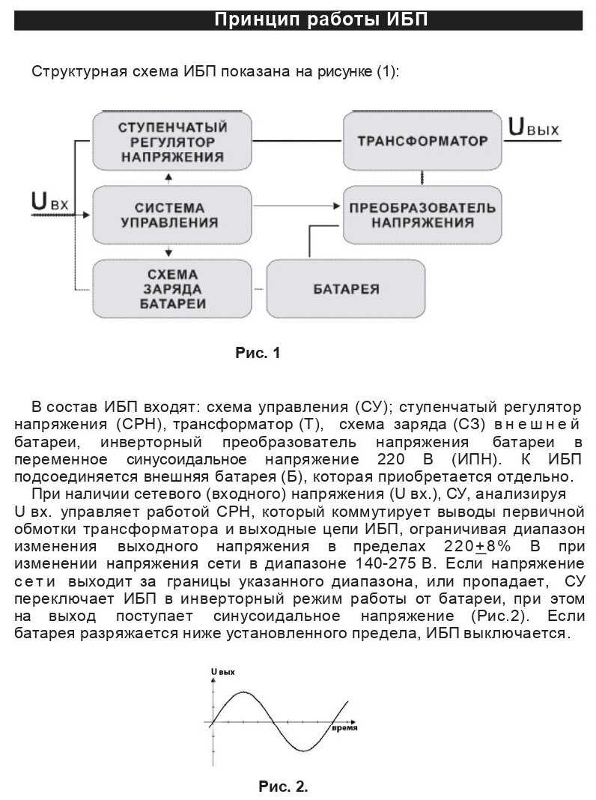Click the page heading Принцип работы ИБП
pos(321,19)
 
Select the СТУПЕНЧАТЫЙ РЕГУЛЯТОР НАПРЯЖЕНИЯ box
pos(172,140)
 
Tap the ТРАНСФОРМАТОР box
pos(422,141)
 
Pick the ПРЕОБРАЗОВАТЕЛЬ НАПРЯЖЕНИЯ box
pos(422,214)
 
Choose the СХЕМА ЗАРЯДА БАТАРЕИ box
pos(172,288)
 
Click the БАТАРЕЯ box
pos(345,288)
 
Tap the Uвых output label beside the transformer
pos(533,127)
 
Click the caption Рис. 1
pos(258,353)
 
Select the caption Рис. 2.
pos(283,787)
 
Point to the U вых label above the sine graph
pos(222,672)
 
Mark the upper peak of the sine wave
pos(243,692)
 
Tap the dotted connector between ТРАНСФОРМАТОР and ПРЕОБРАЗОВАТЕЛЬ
pos(422,178)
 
